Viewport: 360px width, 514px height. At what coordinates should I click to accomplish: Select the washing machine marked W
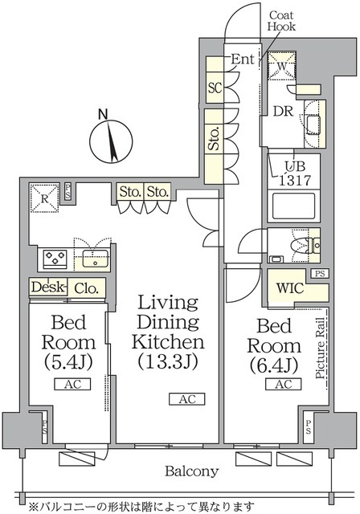pyautogui.click(x=281, y=65)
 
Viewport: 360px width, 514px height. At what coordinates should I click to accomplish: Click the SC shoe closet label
pyautogui.click(x=215, y=88)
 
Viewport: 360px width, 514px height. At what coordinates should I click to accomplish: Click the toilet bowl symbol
pyautogui.click(x=304, y=242)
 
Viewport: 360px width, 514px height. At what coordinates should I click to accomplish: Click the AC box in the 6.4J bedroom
pyautogui.click(x=281, y=385)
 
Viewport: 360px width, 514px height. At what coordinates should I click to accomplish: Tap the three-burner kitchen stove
pyautogui.click(x=54, y=259)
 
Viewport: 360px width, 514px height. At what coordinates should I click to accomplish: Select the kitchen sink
pyautogui.click(x=94, y=259)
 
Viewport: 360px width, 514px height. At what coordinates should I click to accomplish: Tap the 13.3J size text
pyautogui.click(x=168, y=361)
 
